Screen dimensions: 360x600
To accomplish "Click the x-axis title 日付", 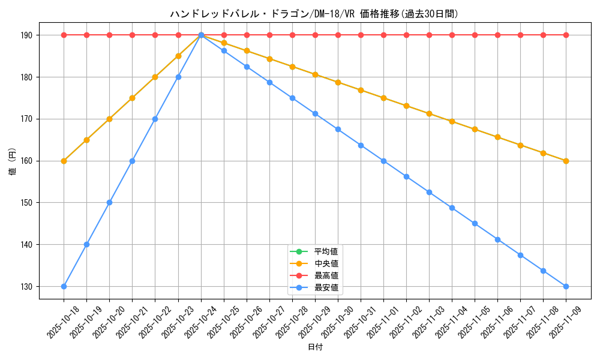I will [x=315, y=347].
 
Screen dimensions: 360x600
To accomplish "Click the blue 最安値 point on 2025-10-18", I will [x=64, y=286].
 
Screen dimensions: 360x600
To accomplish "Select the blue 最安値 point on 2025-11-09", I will [x=566, y=286].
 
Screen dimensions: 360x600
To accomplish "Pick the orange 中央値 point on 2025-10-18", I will [x=64, y=161].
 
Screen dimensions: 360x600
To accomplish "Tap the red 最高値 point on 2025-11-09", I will [x=566, y=35].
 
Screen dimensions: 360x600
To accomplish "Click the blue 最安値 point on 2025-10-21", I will [x=132, y=161].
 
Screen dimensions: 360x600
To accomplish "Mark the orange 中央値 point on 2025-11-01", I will [x=383, y=98].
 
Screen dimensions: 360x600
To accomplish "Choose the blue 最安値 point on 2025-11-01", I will [x=383, y=161].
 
